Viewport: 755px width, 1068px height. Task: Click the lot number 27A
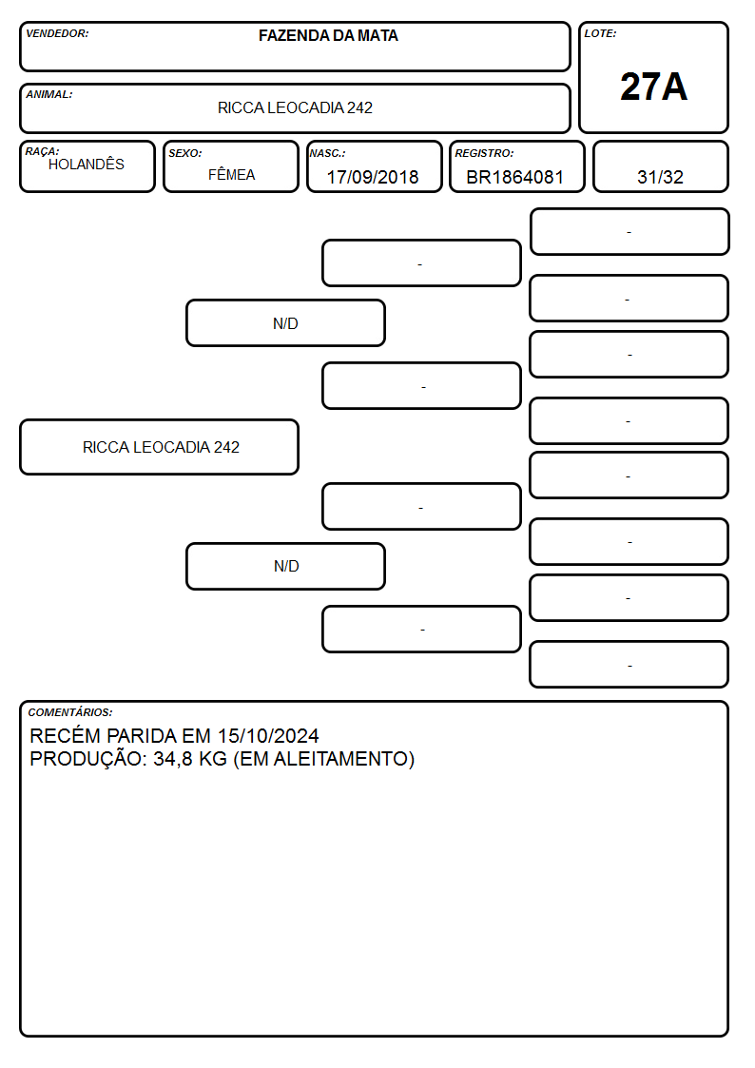point(653,87)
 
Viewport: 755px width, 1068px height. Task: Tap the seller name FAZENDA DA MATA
point(328,35)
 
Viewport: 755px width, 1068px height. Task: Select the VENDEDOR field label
point(57,33)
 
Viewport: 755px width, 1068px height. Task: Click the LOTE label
point(600,33)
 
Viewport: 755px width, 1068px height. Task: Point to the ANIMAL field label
point(49,95)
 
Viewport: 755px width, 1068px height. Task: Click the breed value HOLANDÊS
point(87,165)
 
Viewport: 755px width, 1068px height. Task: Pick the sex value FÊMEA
point(231,175)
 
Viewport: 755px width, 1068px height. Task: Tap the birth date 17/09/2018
point(373,177)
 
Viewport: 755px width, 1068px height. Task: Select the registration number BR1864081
point(514,177)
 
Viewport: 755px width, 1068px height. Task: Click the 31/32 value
point(660,177)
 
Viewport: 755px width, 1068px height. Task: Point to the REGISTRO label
point(484,154)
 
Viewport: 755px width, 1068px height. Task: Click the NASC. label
point(327,154)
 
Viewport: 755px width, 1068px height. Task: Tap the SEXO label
point(185,154)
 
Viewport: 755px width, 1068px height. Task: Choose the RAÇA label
point(42,152)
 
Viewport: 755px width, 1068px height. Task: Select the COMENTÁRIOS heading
point(70,712)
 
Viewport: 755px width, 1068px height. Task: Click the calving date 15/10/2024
point(268,736)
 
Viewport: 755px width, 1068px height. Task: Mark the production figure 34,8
point(173,760)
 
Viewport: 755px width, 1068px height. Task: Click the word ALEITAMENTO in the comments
point(340,759)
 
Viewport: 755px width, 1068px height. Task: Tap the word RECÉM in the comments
point(66,735)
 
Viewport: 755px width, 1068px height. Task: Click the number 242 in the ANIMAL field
point(359,107)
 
